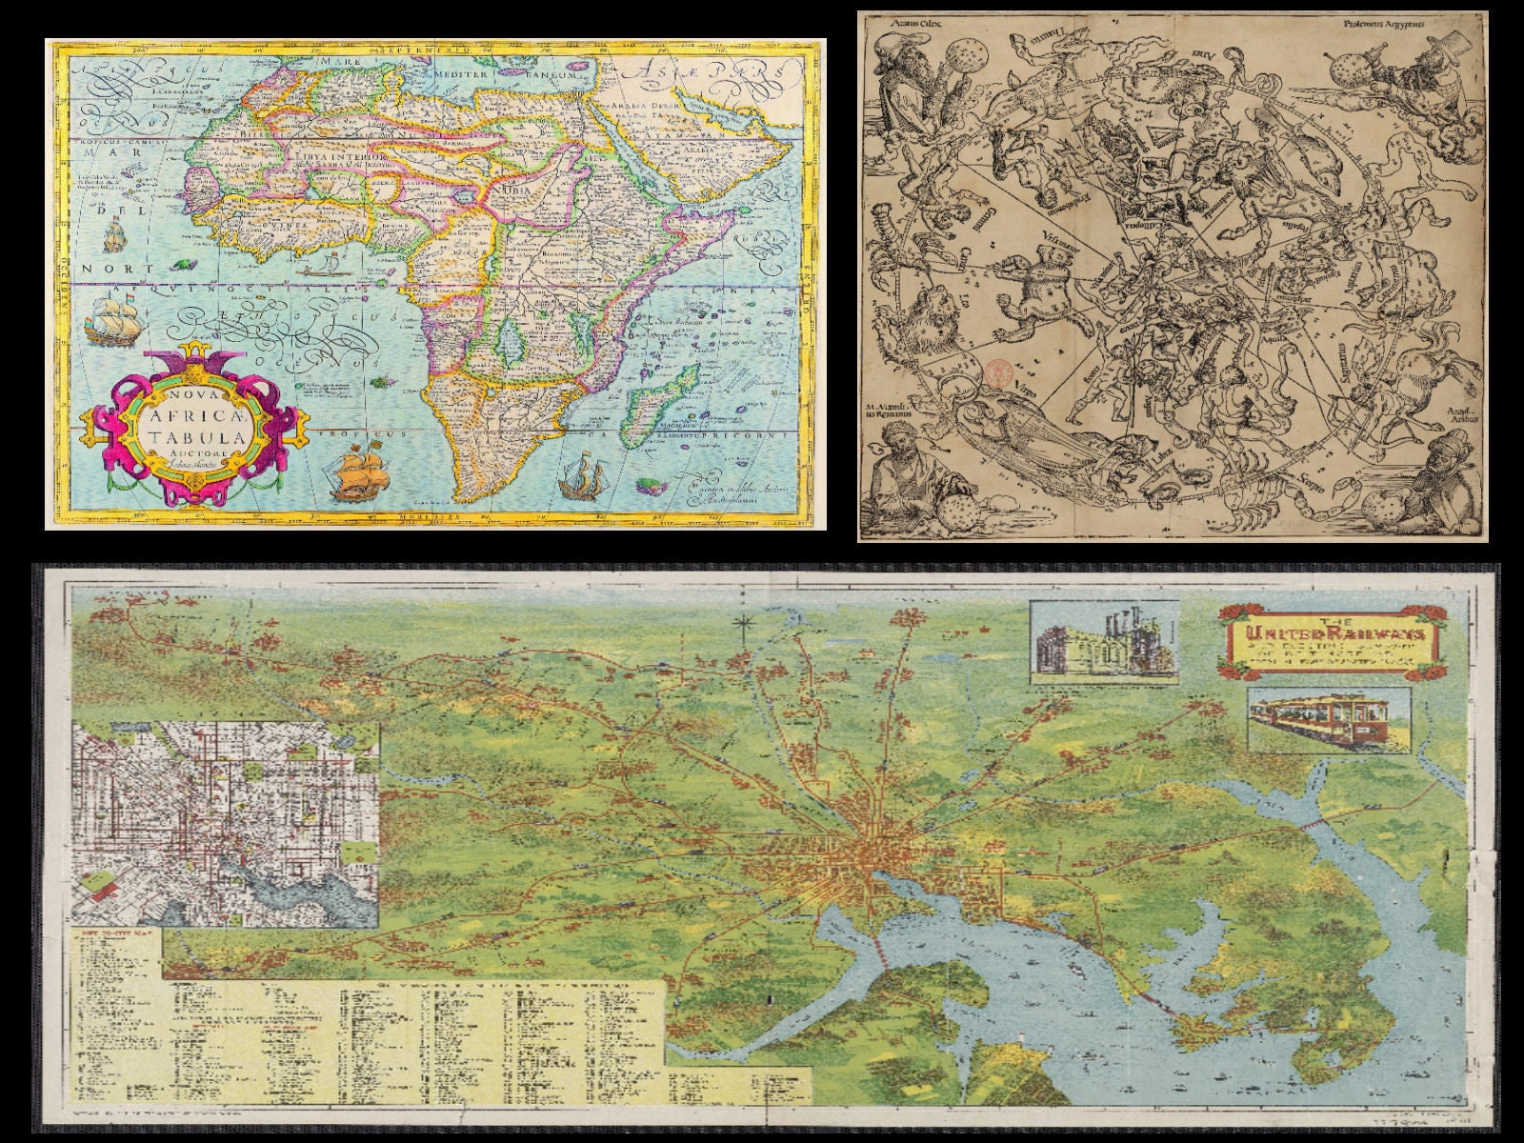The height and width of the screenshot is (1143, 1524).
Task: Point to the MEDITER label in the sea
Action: click(462, 73)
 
